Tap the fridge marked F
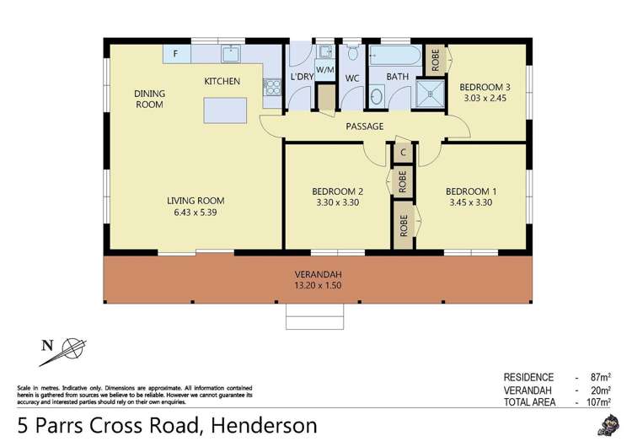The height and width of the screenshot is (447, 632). click(176, 53)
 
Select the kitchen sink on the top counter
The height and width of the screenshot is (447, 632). click(232, 54)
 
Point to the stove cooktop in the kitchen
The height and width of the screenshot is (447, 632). click(271, 87)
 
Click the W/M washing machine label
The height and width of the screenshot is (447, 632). click(324, 69)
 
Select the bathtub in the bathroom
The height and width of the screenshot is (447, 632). click(392, 56)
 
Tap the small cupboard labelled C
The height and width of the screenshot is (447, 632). click(404, 153)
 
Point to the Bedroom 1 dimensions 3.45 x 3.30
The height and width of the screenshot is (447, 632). click(471, 202)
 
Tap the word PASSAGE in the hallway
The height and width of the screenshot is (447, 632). click(364, 127)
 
